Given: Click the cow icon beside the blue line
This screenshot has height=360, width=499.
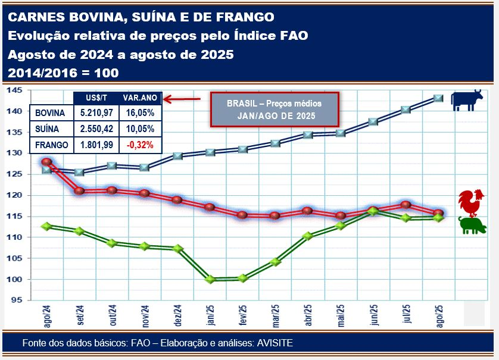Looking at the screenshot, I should click(x=467, y=99).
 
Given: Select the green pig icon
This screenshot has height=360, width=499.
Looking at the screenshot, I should click(x=472, y=226).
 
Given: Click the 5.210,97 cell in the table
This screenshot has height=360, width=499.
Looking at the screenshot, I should click(x=96, y=112).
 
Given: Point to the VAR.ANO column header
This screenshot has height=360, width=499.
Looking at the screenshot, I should click(x=139, y=98).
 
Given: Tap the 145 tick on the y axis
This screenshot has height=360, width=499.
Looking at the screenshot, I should click(x=15, y=90).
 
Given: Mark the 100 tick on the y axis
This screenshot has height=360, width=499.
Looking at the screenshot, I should click(x=15, y=279).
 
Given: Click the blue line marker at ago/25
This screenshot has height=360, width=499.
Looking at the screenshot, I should click(x=439, y=98).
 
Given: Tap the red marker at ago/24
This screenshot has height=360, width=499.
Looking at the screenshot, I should click(x=46, y=162).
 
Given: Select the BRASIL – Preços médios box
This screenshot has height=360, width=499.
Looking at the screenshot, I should click(x=274, y=109).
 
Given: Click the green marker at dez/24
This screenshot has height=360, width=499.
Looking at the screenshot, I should click(x=177, y=248).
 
